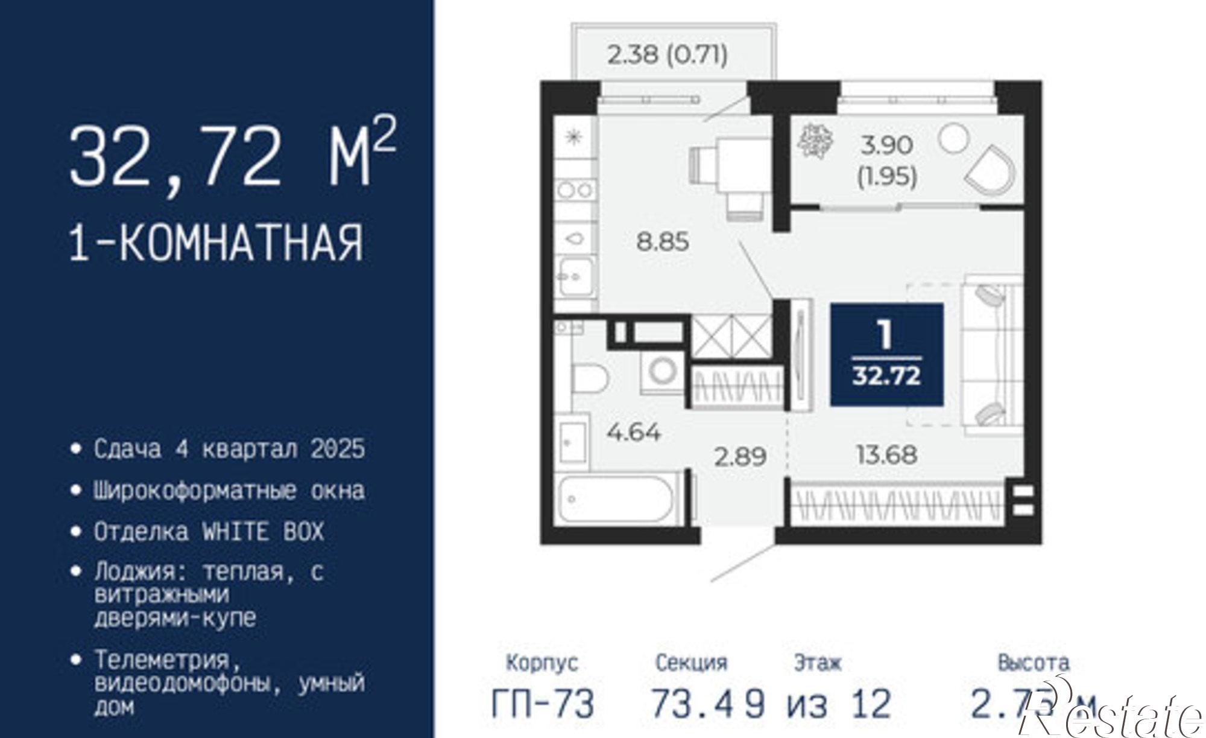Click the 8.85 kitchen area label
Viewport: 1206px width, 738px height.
(663, 242)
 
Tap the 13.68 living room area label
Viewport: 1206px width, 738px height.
(886, 454)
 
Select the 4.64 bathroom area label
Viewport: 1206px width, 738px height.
(634, 432)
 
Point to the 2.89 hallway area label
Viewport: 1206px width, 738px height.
(740, 456)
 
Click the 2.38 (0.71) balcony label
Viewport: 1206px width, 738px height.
(668, 55)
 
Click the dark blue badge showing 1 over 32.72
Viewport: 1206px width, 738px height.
(886, 354)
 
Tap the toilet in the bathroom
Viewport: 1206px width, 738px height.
(589, 378)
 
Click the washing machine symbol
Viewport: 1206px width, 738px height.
(662, 371)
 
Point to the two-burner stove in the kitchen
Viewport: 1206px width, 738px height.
(575, 191)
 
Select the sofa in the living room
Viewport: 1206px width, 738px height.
(991, 354)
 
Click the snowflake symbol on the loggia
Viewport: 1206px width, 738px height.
(815, 141)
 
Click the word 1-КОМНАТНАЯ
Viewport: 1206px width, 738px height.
(216, 243)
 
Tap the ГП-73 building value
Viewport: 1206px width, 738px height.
(543, 704)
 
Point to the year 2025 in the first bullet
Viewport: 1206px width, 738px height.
(338, 449)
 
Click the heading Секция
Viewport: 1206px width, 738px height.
(691, 663)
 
